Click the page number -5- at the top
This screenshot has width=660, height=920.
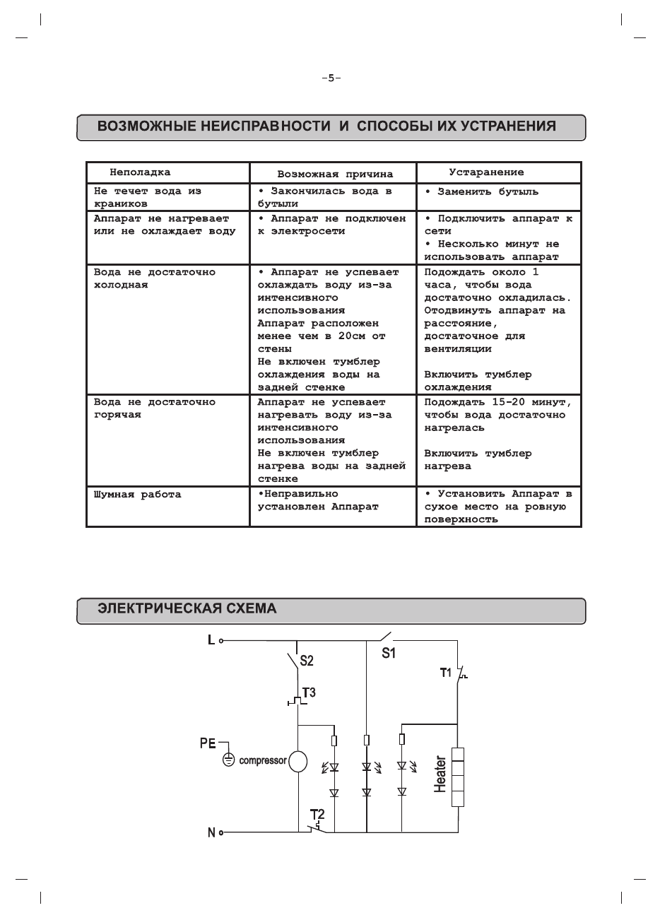click(x=330, y=78)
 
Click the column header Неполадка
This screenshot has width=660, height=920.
click(x=140, y=172)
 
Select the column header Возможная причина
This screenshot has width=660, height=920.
click(x=335, y=174)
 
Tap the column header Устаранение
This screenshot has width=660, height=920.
click(x=487, y=172)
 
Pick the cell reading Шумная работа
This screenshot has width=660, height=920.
click(x=138, y=495)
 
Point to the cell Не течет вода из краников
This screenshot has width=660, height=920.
click(x=148, y=197)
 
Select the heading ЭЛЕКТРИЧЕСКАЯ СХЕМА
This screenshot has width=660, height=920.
click(x=187, y=608)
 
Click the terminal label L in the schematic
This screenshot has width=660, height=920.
click(x=211, y=640)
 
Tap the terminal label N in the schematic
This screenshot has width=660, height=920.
click(x=211, y=832)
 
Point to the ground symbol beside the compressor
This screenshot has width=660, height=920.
click(x=228, y=760)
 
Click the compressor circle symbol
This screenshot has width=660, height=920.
click(x=298, y=761)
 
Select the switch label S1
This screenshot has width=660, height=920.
click(x=389, y=653)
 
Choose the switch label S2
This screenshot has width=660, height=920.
click(x=307, y=661)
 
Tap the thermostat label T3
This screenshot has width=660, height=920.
click(x=309, y=692)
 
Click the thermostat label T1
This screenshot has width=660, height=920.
click(x=446, y=672)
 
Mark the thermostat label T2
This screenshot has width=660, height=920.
click(x=317, y=813)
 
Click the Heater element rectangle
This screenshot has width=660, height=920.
click(x=457, y=776)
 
